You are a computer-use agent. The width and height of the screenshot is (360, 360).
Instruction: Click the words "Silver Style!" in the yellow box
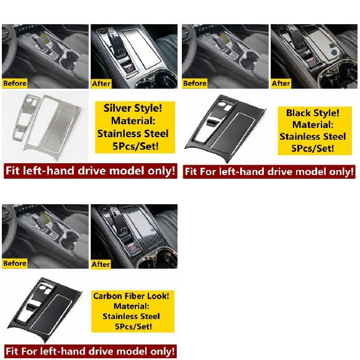pyautogui.click(x=133, y=108)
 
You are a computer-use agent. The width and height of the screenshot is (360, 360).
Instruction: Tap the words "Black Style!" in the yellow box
pyautogui.click(x=312, y=113)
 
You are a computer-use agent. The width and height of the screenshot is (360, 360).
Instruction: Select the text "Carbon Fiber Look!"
pyautogui.click(x=131, y=296)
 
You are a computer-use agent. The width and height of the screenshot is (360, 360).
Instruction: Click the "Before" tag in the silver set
pyautogui.click(x=15, y=83)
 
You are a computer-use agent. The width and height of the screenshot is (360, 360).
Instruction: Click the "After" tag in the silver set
pyautogui.click(x=101, y=84)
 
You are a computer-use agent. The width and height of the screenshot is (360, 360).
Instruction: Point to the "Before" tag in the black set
pyautogui.click(x=195, y=83)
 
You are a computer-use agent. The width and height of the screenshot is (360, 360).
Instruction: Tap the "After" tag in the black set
pyautogui.click(x=281, y=83)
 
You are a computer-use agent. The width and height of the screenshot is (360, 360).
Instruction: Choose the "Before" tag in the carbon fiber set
pyautogui.click(x=15, y=263)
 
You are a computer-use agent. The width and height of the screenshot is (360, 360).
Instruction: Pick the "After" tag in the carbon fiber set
pyautogui.click(x=101, y=264)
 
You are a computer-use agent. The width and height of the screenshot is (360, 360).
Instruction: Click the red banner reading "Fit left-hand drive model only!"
pyautogui.click(x=91, y=171)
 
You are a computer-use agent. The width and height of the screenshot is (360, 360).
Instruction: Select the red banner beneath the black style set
pyautogui.click(x=269, y=172)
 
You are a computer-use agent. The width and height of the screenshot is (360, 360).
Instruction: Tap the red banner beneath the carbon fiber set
pyautogui.click(x=91, y=351)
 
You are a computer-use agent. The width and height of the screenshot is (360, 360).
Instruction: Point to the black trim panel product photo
pyautogui.click(x=226, y=127)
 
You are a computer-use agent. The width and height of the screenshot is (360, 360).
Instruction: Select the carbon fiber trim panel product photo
pyautogui.click(x=44, y=309)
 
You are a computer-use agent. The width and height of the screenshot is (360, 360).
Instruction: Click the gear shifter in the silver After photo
pyautogui.click(x=117, y=46)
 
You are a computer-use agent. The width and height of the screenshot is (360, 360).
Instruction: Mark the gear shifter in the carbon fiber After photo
pyautogui.click(x=119, y=223)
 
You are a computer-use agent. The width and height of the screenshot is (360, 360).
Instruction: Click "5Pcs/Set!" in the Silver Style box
pyautogui.click(x=135, y=146)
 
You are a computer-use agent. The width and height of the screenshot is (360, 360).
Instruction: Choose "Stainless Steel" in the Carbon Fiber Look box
pyautogui.click(x=131, y=316)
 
